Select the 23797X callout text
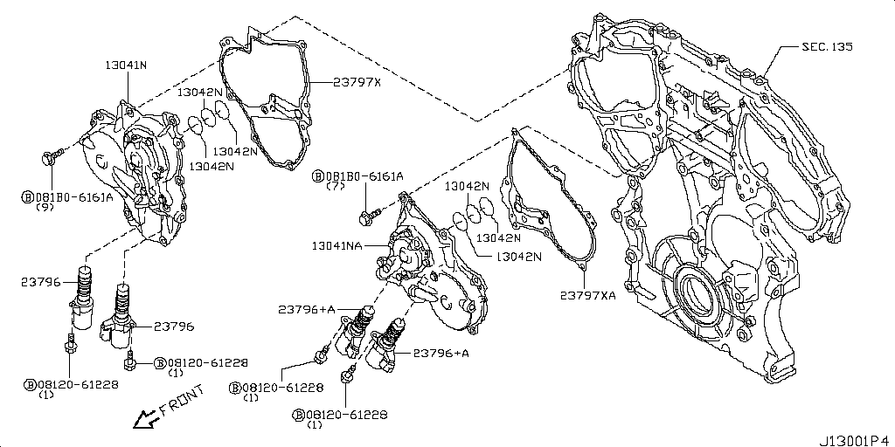click(x=357, y=82)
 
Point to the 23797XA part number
click(x=587, y=295)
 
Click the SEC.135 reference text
click(x=827, y=46)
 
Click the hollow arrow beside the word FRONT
click(x=142, y=420)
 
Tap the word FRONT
click(x=182, y=398)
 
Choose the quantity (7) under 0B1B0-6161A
click(x=336, y=187)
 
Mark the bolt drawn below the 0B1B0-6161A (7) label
click(x=370, y=212)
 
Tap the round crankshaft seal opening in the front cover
click(x=697, y=289)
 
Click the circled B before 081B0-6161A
click(x=28, y=197)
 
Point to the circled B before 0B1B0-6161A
click(x=318, y=175)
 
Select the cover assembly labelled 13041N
click(x=131, y=170)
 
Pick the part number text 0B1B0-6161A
click(x=365, y=175)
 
